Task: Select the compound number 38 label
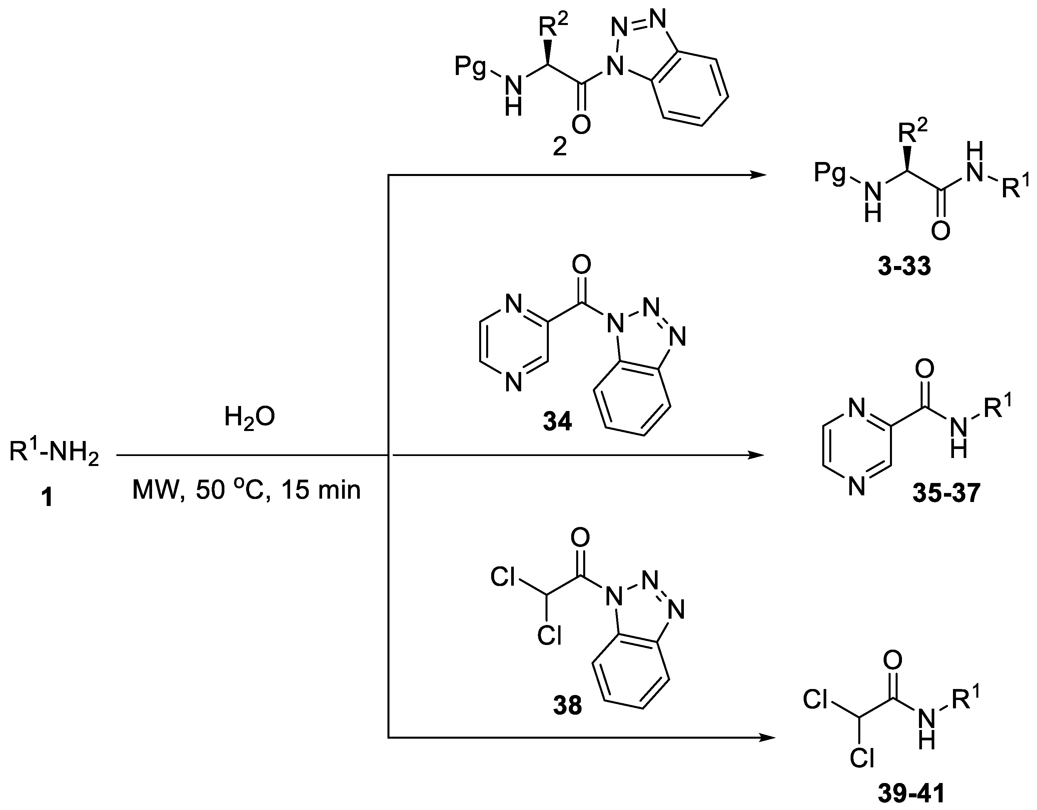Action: pos(568,706)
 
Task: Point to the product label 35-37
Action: pos(946,493)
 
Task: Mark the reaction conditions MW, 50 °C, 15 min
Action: pos(246,490)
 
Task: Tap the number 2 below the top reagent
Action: pos(560,148)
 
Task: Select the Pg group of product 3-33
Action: pos(830,174)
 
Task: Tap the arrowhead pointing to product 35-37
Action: pos(758,455)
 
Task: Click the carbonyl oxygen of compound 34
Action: pos(581,265)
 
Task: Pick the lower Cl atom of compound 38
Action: pos(550,635)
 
